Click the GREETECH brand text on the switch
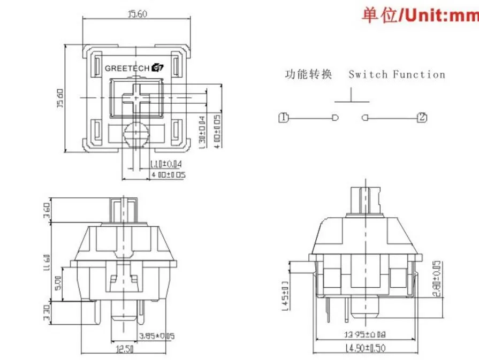click(128, 68)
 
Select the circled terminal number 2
click(422, 118)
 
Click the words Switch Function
click(397, 74)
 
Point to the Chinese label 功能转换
click(308, 74)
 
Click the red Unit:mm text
click(421, 14)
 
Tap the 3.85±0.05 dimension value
click(157, 336)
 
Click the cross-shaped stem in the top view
click(135, 97)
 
